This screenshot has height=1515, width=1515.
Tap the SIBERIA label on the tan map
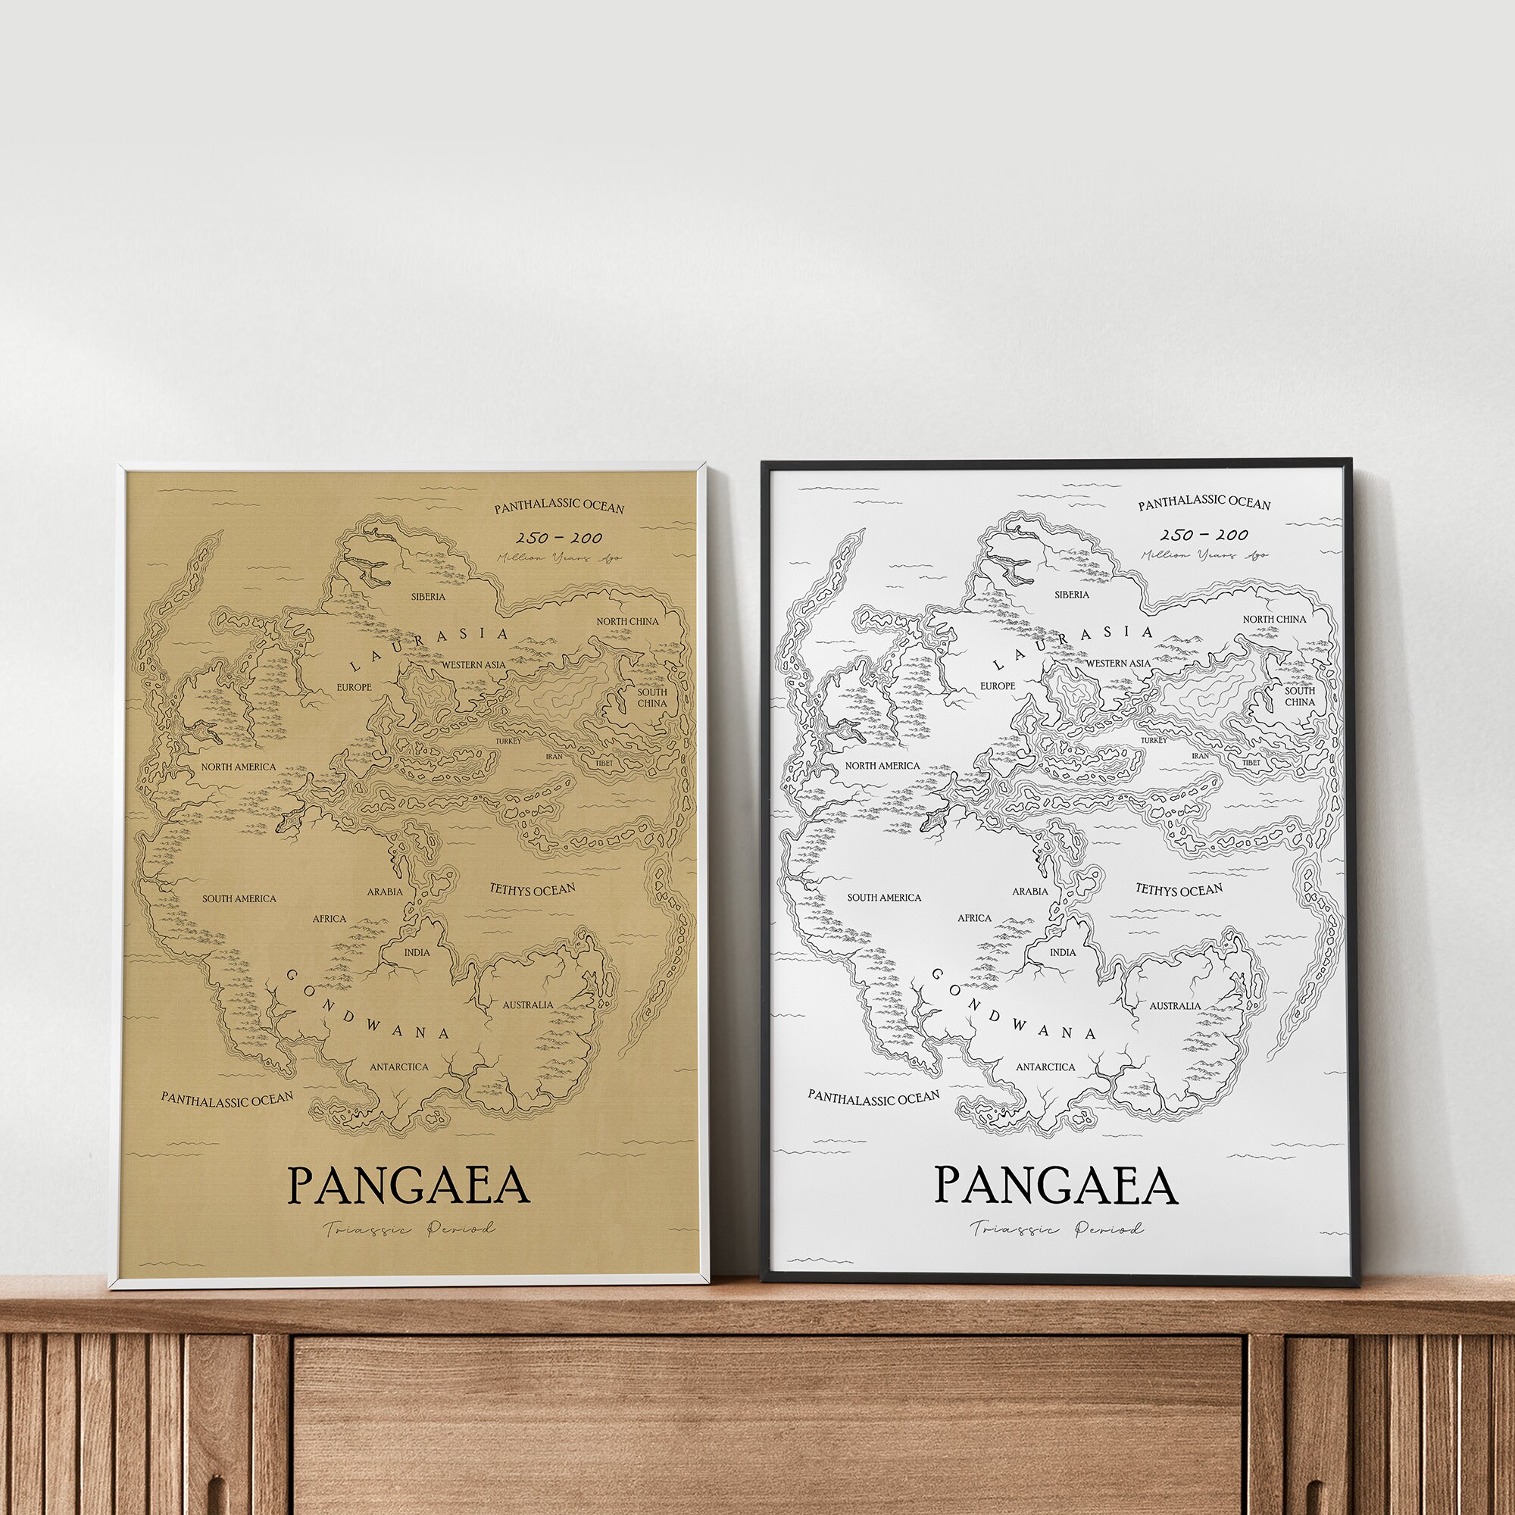[428, 597]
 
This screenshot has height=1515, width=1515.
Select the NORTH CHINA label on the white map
[1274, 620]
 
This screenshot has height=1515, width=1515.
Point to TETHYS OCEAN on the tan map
[533, 889]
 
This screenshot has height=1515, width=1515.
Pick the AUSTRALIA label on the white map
[1175, 1006]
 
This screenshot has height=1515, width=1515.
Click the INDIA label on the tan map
[417, 953]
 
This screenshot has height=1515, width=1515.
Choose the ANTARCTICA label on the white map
[1045, 1067]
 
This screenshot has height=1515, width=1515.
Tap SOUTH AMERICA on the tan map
[239, 898]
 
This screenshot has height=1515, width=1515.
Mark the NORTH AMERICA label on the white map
[882, 766]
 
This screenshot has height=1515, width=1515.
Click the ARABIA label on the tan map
[384, 892]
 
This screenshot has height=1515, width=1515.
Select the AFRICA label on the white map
[975, 918]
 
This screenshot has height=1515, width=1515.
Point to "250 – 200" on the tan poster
[559, 538]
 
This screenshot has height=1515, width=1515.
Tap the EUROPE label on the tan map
[354, 687]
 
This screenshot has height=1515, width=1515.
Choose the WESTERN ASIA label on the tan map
[473, 665]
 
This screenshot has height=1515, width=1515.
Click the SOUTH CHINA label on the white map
[1299, 696]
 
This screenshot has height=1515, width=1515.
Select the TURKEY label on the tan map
[508, 740]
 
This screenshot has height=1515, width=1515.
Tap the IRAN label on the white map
[1201, 756]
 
